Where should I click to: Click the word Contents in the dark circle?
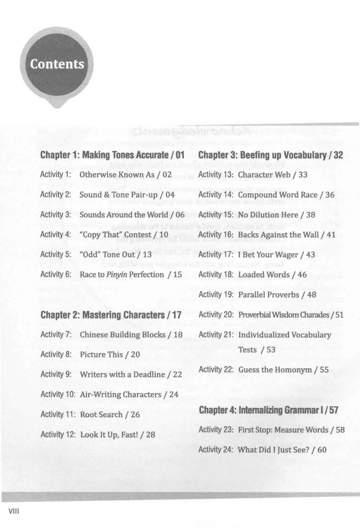57,64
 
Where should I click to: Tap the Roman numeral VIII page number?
13,511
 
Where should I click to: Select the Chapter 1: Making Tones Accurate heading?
112,155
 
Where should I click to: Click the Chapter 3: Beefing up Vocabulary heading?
270,155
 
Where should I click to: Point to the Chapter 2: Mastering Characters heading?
111,315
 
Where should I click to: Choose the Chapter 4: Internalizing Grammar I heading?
268,410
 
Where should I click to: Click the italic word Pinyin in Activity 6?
116,275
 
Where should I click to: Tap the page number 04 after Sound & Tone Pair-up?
170,195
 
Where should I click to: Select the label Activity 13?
216,174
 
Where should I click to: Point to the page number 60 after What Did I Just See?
322,450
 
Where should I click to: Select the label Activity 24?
216,450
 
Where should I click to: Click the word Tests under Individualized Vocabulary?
247,350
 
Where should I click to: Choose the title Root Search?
101,414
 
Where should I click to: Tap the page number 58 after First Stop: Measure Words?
340,430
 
